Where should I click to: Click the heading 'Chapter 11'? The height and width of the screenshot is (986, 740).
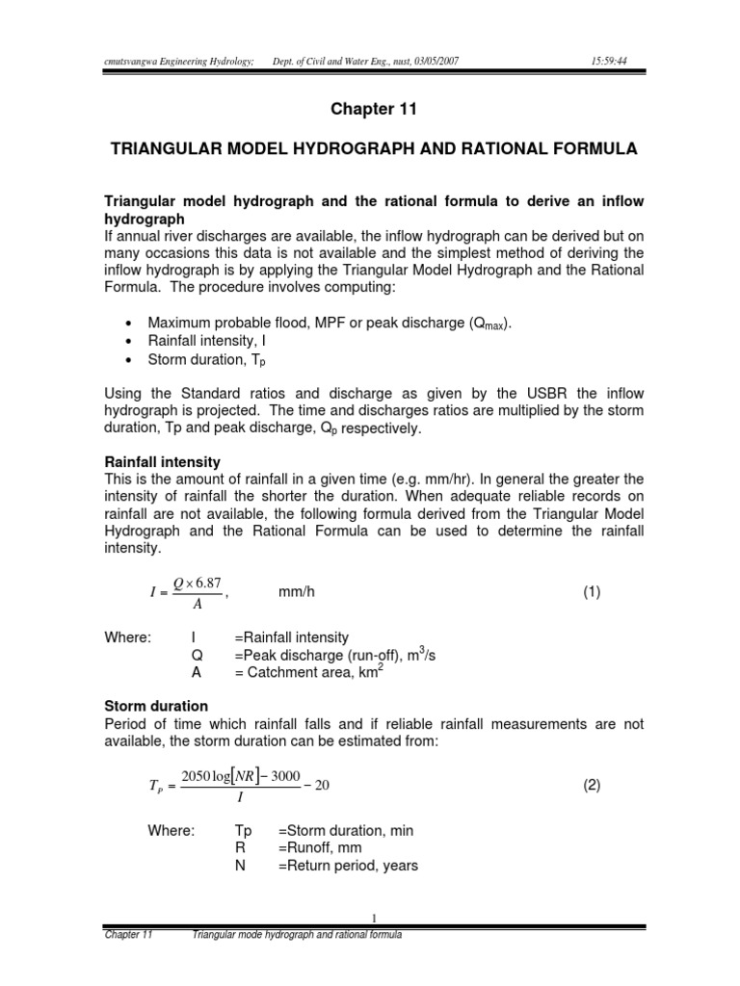pyautogui.click(x=370, y=110)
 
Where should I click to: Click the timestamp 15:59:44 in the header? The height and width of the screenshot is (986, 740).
pyautogui.click(x=609, y=62)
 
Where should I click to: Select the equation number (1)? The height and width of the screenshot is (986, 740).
pyautogui.click(x=591, y=593)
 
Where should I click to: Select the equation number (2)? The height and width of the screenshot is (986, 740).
pyautogui.click(x=591, y=785)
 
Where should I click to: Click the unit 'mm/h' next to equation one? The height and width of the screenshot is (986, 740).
pyautogui.click(x=297, y=593)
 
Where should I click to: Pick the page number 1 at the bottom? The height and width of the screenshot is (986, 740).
pyautogui.click(x=372, y=919)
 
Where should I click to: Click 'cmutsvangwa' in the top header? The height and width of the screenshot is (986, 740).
pyautogui.click(x=138, y=62)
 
